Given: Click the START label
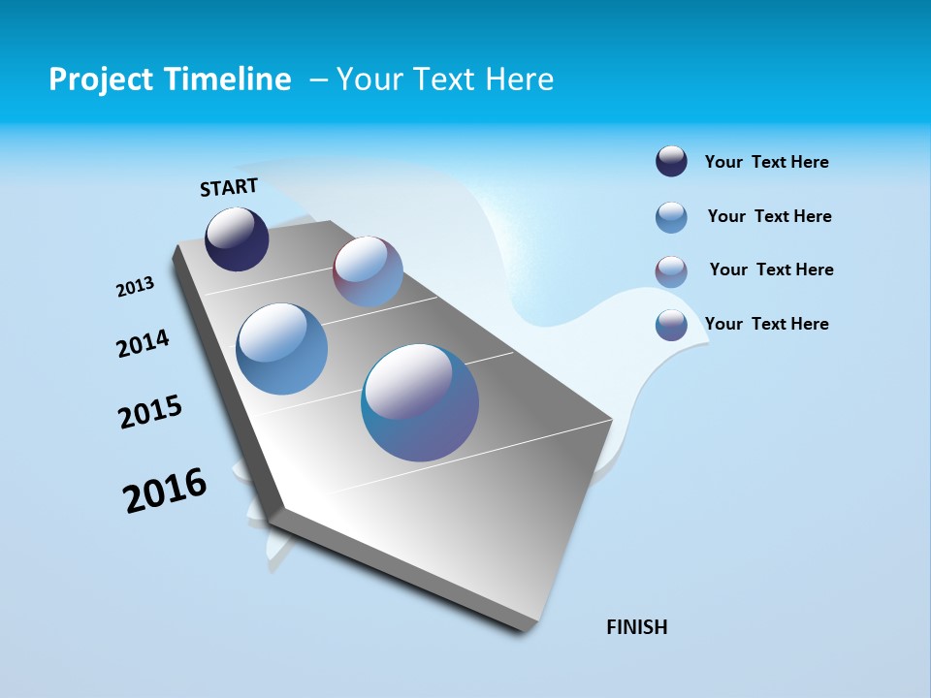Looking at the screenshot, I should [229, 187].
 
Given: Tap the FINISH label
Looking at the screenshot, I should [637, 627].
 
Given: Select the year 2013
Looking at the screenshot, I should [136, 287].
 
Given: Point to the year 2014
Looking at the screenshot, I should [144, 343].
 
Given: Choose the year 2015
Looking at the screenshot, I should [150, 412].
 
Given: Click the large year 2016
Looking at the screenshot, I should [165, 491].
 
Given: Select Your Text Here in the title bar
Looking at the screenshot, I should [444, 79].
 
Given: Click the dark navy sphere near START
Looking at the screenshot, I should [237, 239].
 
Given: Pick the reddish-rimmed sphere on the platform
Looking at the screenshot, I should [368, 271].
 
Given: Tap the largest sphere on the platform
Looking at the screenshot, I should [420, 402].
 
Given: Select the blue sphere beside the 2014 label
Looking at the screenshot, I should [281, 349].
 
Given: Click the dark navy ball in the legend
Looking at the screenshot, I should [671, 162].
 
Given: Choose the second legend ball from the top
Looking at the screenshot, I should [671, 217].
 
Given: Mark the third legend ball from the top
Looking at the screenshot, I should [671, 271].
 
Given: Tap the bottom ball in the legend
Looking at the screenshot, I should [671, 325].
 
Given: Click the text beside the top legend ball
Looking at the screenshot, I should [766, 162].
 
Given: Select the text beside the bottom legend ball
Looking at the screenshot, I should [766, 324].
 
